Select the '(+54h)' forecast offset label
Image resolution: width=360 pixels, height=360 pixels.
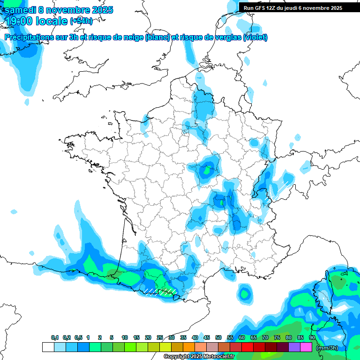pos(81,21)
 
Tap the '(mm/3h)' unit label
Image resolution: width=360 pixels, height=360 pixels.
pos(327,348)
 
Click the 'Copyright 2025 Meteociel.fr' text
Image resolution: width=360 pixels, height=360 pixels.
pos(199,357)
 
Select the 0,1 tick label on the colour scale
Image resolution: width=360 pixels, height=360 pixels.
pos(54,338)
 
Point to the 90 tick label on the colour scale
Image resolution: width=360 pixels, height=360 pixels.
pos(312,338)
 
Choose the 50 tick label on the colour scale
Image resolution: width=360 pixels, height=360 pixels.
pos(218,338)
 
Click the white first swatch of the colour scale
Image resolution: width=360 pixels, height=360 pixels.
pos(48,347)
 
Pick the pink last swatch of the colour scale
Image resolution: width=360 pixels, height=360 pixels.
pos(306,347)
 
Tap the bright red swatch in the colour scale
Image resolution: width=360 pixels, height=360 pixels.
pos(247,347)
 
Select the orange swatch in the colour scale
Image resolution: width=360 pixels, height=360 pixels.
pos(189,347)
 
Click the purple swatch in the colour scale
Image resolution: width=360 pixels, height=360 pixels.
pos(294,347)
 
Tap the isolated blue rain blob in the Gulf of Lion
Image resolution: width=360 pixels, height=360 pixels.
pos(244,293)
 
